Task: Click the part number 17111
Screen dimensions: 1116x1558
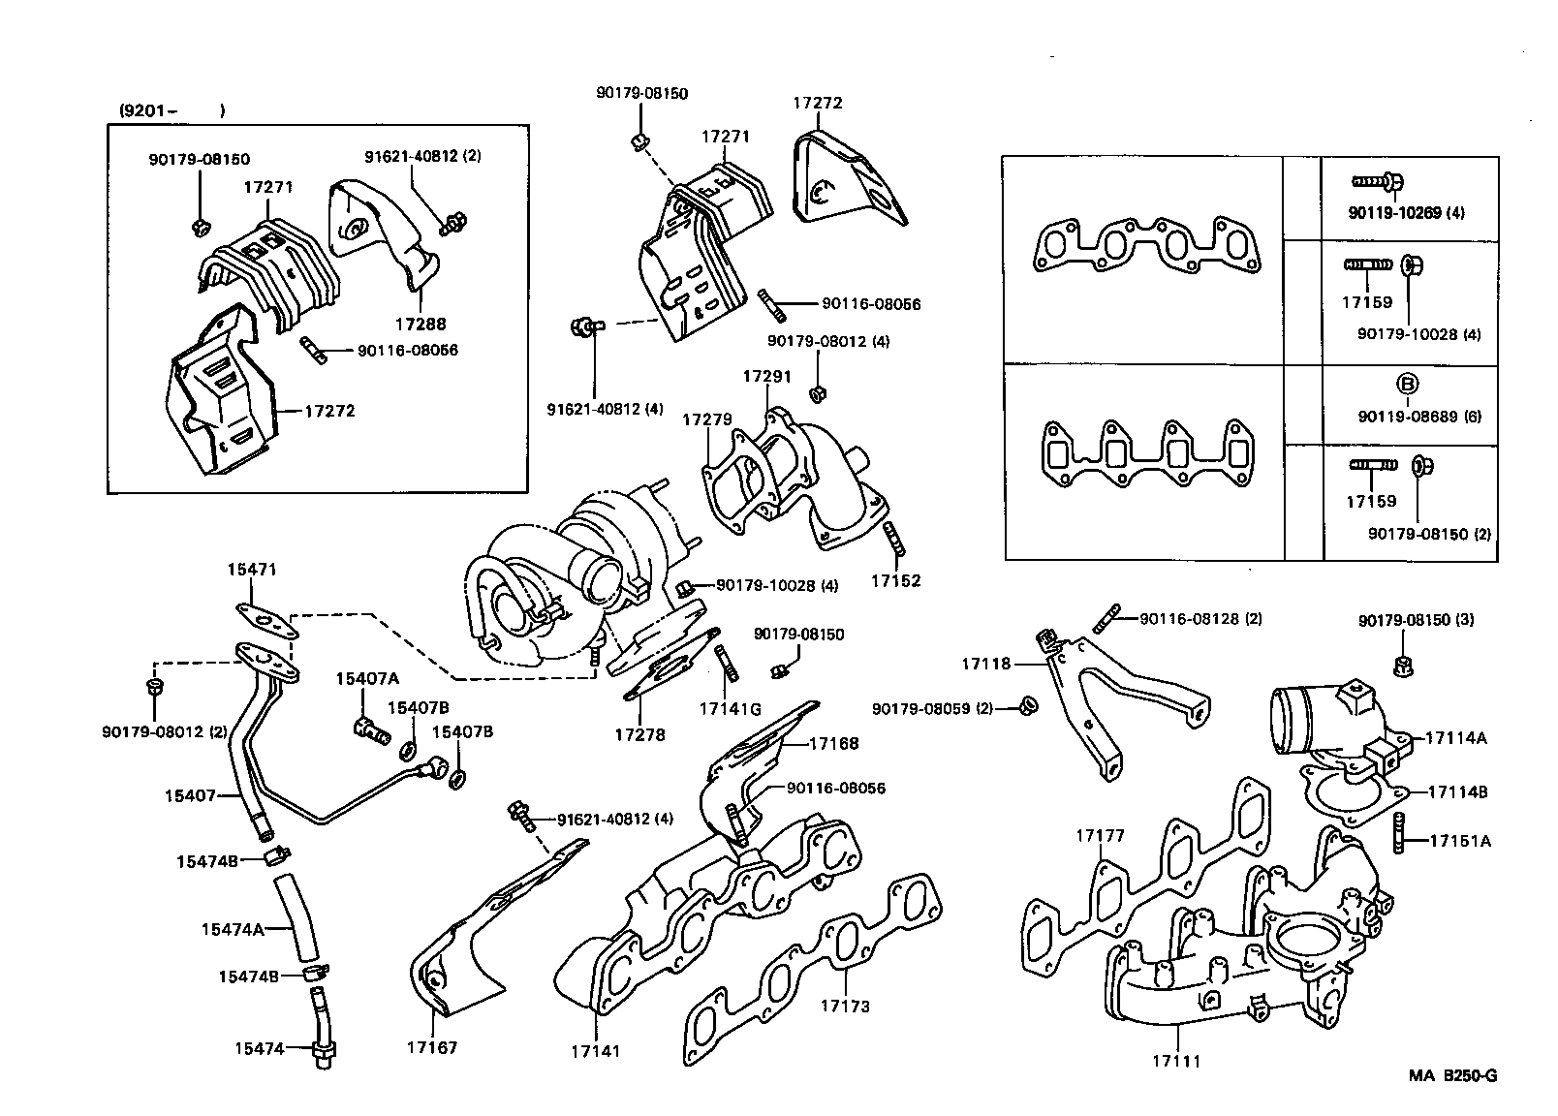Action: coord(1175,1061)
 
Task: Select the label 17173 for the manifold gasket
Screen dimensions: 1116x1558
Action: coord(845,1007)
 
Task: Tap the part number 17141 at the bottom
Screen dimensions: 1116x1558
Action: coord(595,1051)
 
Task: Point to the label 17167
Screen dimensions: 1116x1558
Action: coord(432,1047)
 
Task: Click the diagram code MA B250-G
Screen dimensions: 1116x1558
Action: coord(1452,1075)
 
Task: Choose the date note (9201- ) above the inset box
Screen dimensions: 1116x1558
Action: coord(171,110)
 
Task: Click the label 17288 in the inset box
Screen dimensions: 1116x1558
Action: coord(421,325)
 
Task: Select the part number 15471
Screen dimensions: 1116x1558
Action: coord(252,572)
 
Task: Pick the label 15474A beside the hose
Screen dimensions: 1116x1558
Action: coord(233,929)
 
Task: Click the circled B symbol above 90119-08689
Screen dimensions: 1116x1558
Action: coord(1407,385)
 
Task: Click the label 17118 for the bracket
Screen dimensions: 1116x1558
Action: coord(985,664)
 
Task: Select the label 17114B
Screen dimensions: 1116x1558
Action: coord(1456,791)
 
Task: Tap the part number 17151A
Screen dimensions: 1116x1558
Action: coord(1460,841)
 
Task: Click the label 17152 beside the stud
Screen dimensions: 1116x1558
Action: coord(895,581)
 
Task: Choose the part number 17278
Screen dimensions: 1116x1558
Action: coord(639,734)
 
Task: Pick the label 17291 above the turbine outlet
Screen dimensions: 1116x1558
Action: coord(767,376)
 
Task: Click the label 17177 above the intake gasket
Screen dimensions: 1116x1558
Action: coord(1100,836)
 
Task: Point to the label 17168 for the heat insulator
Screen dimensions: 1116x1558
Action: coord(833,744)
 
